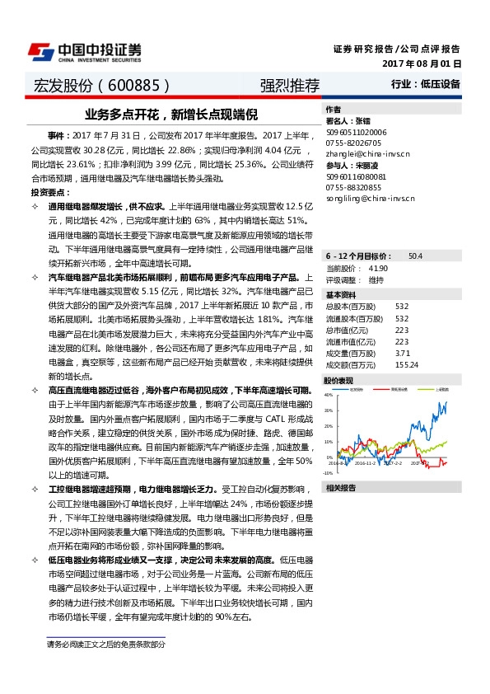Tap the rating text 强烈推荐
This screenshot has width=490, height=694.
[x=289, y=86]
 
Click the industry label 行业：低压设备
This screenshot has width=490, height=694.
[x=426, y=84]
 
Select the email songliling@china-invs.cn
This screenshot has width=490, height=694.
[x=371, y=199]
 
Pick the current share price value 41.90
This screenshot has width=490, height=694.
[x=378, y=269]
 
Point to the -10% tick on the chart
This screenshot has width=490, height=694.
[x=327, y=473]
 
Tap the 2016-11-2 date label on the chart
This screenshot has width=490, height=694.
[x=366, y=464]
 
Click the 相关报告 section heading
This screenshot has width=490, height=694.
[x=340, y=488]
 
